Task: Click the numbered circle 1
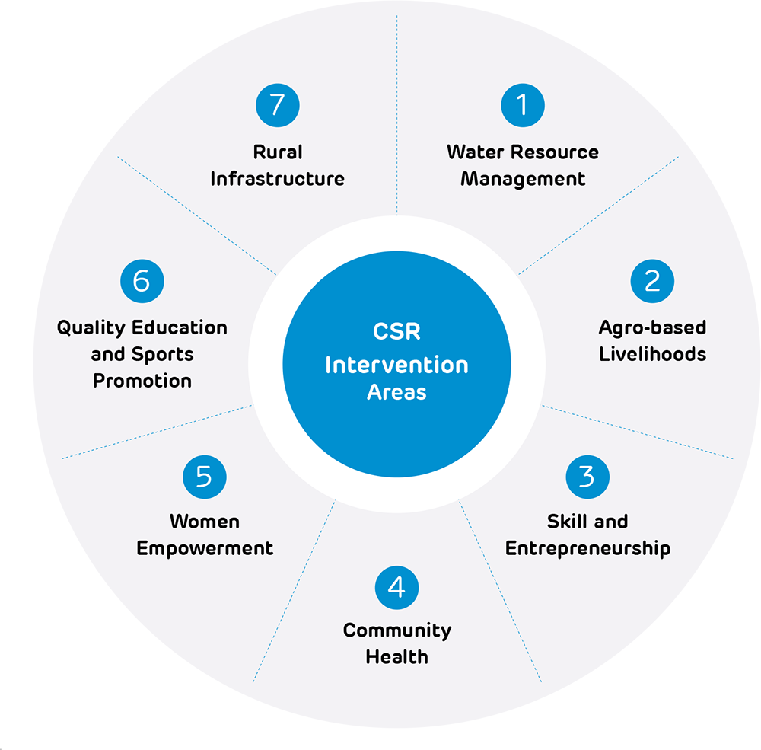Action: click(x=523, y=105)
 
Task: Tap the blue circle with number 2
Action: click(x=652, y=281)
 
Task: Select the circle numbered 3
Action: click(x=587, y=477)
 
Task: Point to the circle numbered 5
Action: click(x=204, y=477)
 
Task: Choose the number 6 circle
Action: click(x=142, y=281)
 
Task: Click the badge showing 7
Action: click(x=277, y=105)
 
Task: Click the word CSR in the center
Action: click(x=396, y=333)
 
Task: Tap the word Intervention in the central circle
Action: click(x=396, y=365)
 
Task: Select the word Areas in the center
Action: click(x=396, y=393)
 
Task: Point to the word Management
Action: click(x=523, y=179)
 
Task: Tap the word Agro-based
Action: click(x=652, y=327)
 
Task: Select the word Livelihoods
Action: click(x=652, y=354)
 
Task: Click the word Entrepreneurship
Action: click(x=587, y=549)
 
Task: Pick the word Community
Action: click(x=396, y=630)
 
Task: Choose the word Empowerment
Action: click(x=204, y=548)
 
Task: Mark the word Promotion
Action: click(x=142, y=381)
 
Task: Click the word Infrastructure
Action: click(x=277, y=179)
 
